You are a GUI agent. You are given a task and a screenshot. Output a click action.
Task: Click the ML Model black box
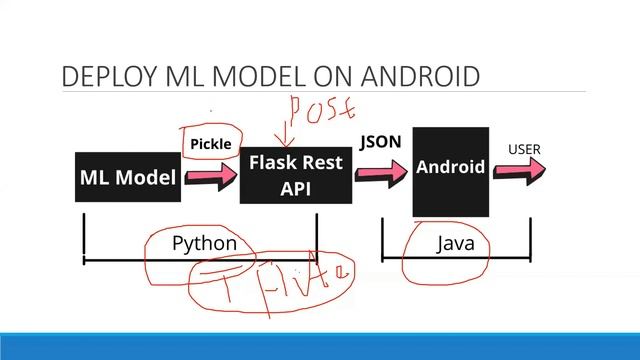point(128,177)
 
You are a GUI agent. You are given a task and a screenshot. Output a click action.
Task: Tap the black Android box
point(450,171)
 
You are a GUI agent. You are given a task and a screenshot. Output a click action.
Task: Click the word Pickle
point(211,145)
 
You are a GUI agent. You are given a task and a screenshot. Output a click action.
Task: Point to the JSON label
point(380,142)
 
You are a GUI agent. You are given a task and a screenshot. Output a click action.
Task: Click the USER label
point(524,150)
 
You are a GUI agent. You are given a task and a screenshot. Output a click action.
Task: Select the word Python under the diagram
point(204,243)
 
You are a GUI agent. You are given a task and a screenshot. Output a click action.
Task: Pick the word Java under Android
point(455,243)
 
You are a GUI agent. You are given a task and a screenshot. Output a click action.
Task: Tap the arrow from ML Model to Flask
point(210,177)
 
